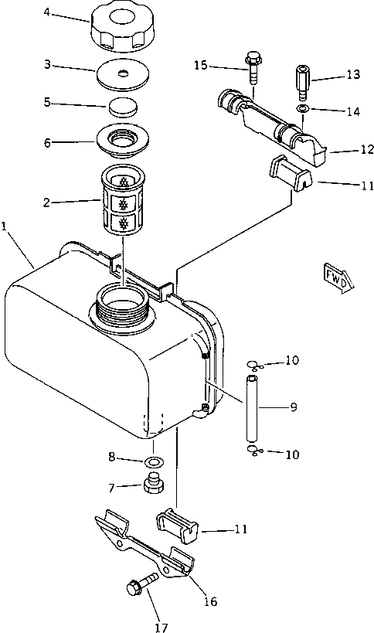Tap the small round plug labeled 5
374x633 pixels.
point(123,107)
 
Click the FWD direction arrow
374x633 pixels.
point(338,278)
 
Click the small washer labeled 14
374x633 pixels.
point(302,108)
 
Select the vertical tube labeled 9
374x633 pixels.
point(251,409)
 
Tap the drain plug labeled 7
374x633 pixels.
point(155,482)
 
